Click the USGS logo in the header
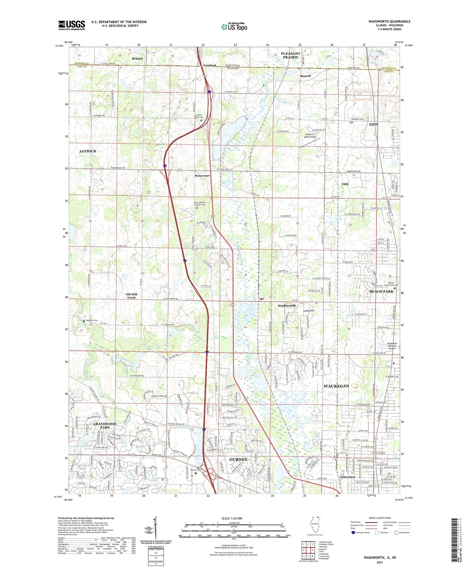(71, 25)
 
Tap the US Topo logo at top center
(234, 27)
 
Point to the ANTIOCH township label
(88, 151)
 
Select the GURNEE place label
(238, 460)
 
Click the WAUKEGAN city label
(336, 386)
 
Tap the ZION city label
(374, 124)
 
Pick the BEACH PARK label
(381, 291)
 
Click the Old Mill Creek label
(131, 296)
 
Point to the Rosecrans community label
(202, 176)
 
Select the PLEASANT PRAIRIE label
(290, 55)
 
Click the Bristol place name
(137, 59)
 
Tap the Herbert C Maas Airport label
(310, 136)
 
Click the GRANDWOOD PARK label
(105, 426)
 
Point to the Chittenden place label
(347, 477)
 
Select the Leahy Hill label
(309, 311)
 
